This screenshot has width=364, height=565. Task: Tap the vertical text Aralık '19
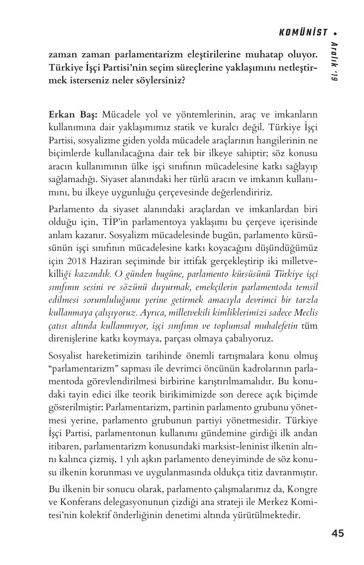click(x=334, y=62)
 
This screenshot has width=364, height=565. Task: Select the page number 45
click(x=338, y=533)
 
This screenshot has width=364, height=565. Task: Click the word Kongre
click(x=302, y=490)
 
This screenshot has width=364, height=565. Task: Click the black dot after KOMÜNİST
click(x=336, y=33)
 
